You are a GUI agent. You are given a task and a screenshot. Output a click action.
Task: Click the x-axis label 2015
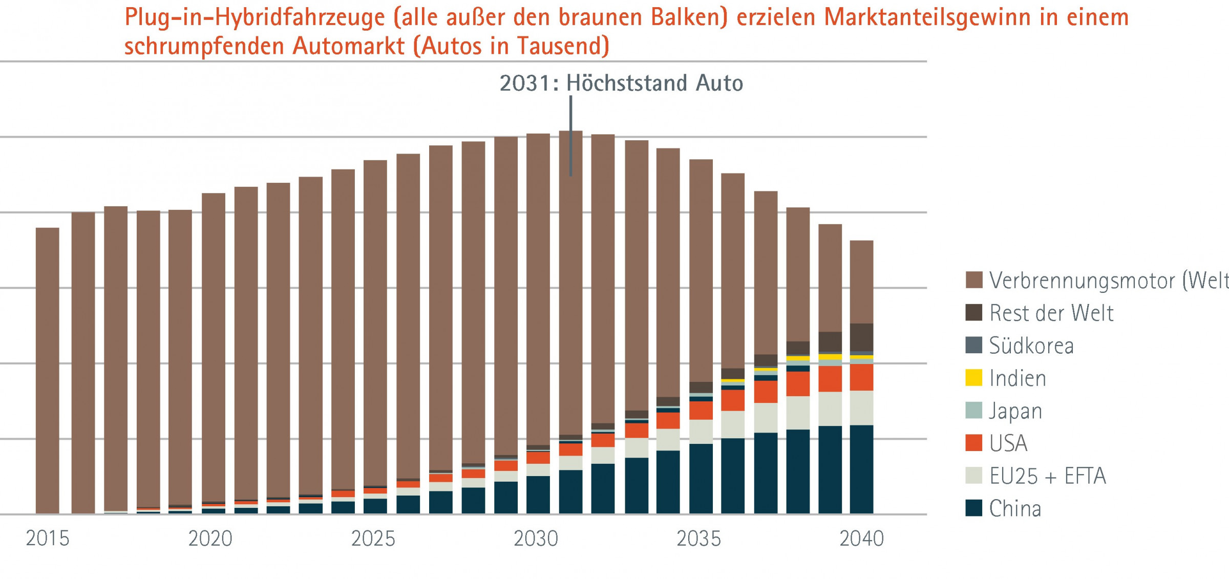[47, 539]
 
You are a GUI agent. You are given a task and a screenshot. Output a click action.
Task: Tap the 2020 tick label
[210, 539]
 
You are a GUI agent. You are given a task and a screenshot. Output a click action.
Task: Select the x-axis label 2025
[373, 539]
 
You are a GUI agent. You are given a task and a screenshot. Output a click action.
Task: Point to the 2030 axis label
[536, 539]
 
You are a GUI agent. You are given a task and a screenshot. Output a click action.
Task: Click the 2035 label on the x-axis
[698, 539]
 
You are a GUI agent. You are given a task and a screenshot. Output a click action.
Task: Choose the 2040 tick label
[861, 539]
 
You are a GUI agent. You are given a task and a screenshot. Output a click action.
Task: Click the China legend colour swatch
[973, 508]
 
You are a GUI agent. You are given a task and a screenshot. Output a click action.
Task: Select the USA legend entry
[1008, 443]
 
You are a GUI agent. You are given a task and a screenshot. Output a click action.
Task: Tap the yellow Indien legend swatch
[973, 378]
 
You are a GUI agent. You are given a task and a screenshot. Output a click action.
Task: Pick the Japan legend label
[1015, 411]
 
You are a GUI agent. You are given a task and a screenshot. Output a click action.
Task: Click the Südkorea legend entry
[1031, 346]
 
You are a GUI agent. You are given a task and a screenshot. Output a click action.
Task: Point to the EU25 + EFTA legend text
[1047, 476]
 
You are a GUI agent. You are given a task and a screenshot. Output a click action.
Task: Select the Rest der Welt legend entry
[1051, 313]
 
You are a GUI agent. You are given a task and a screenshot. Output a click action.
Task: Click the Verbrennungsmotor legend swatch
[973, 280]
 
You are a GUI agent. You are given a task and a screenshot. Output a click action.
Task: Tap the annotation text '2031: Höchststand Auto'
[621, 83]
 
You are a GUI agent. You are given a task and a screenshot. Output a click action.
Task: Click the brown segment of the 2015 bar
[47, 369]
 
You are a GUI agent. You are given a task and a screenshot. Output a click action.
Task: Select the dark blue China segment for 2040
[861, 469]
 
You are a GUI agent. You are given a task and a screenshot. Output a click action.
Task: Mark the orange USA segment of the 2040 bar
[861, 377]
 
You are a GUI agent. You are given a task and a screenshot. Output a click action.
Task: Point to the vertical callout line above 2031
[570, 136]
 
